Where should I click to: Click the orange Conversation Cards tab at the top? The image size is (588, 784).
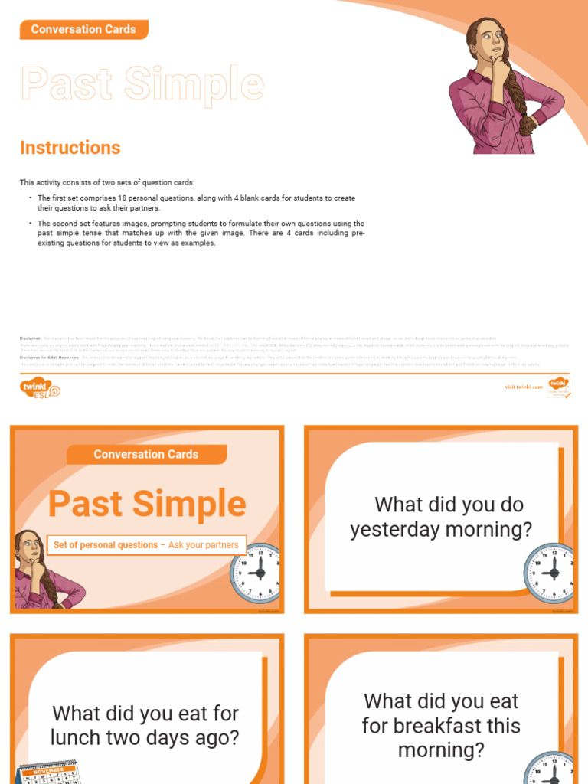[x=83, y=30]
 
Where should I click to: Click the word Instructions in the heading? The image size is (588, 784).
[x=70, y=148]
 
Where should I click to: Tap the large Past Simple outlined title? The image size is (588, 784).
[x=142, y=84]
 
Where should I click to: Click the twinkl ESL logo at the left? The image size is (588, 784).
[x=39, y=388]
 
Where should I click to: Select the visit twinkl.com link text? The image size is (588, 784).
[x=524, y=387]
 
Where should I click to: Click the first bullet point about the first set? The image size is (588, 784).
[x=196, y=203]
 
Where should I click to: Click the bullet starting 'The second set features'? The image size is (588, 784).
[x=201, y=233]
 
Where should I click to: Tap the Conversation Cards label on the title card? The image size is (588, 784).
[x=145, y=455]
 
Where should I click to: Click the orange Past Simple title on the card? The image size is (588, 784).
[x=147, y=504]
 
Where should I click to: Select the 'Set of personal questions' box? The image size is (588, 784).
[x=146, y=545]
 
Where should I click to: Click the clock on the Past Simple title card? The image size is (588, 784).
[x=256, y=573]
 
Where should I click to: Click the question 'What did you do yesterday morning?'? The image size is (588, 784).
[x=441, y=517]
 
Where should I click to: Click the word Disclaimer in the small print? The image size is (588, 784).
[x=31, y=338]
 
